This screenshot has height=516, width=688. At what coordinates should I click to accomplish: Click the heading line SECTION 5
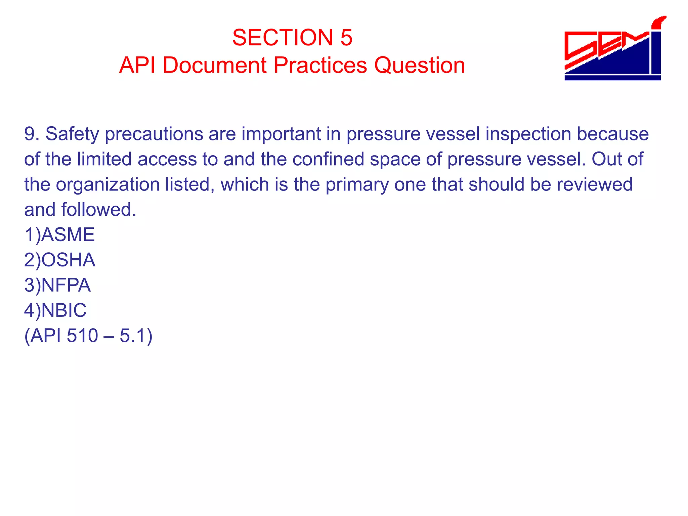[292, 37]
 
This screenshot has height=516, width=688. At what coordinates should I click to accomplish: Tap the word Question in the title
[420, 65]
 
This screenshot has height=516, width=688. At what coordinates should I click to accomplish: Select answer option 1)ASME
[59, 234]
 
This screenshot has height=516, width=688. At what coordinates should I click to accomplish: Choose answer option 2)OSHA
[60, 260]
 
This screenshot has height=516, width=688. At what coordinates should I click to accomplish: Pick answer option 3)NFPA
[57, 285]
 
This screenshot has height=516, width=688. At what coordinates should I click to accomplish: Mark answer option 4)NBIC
[55, 310]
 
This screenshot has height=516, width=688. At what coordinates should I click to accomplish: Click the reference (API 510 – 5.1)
[88, 336]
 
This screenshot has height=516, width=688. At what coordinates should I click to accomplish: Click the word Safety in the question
[72, 134]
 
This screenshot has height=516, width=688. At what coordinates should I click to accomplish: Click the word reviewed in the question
[594, 184]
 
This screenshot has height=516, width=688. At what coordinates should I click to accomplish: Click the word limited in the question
[104, 159]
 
